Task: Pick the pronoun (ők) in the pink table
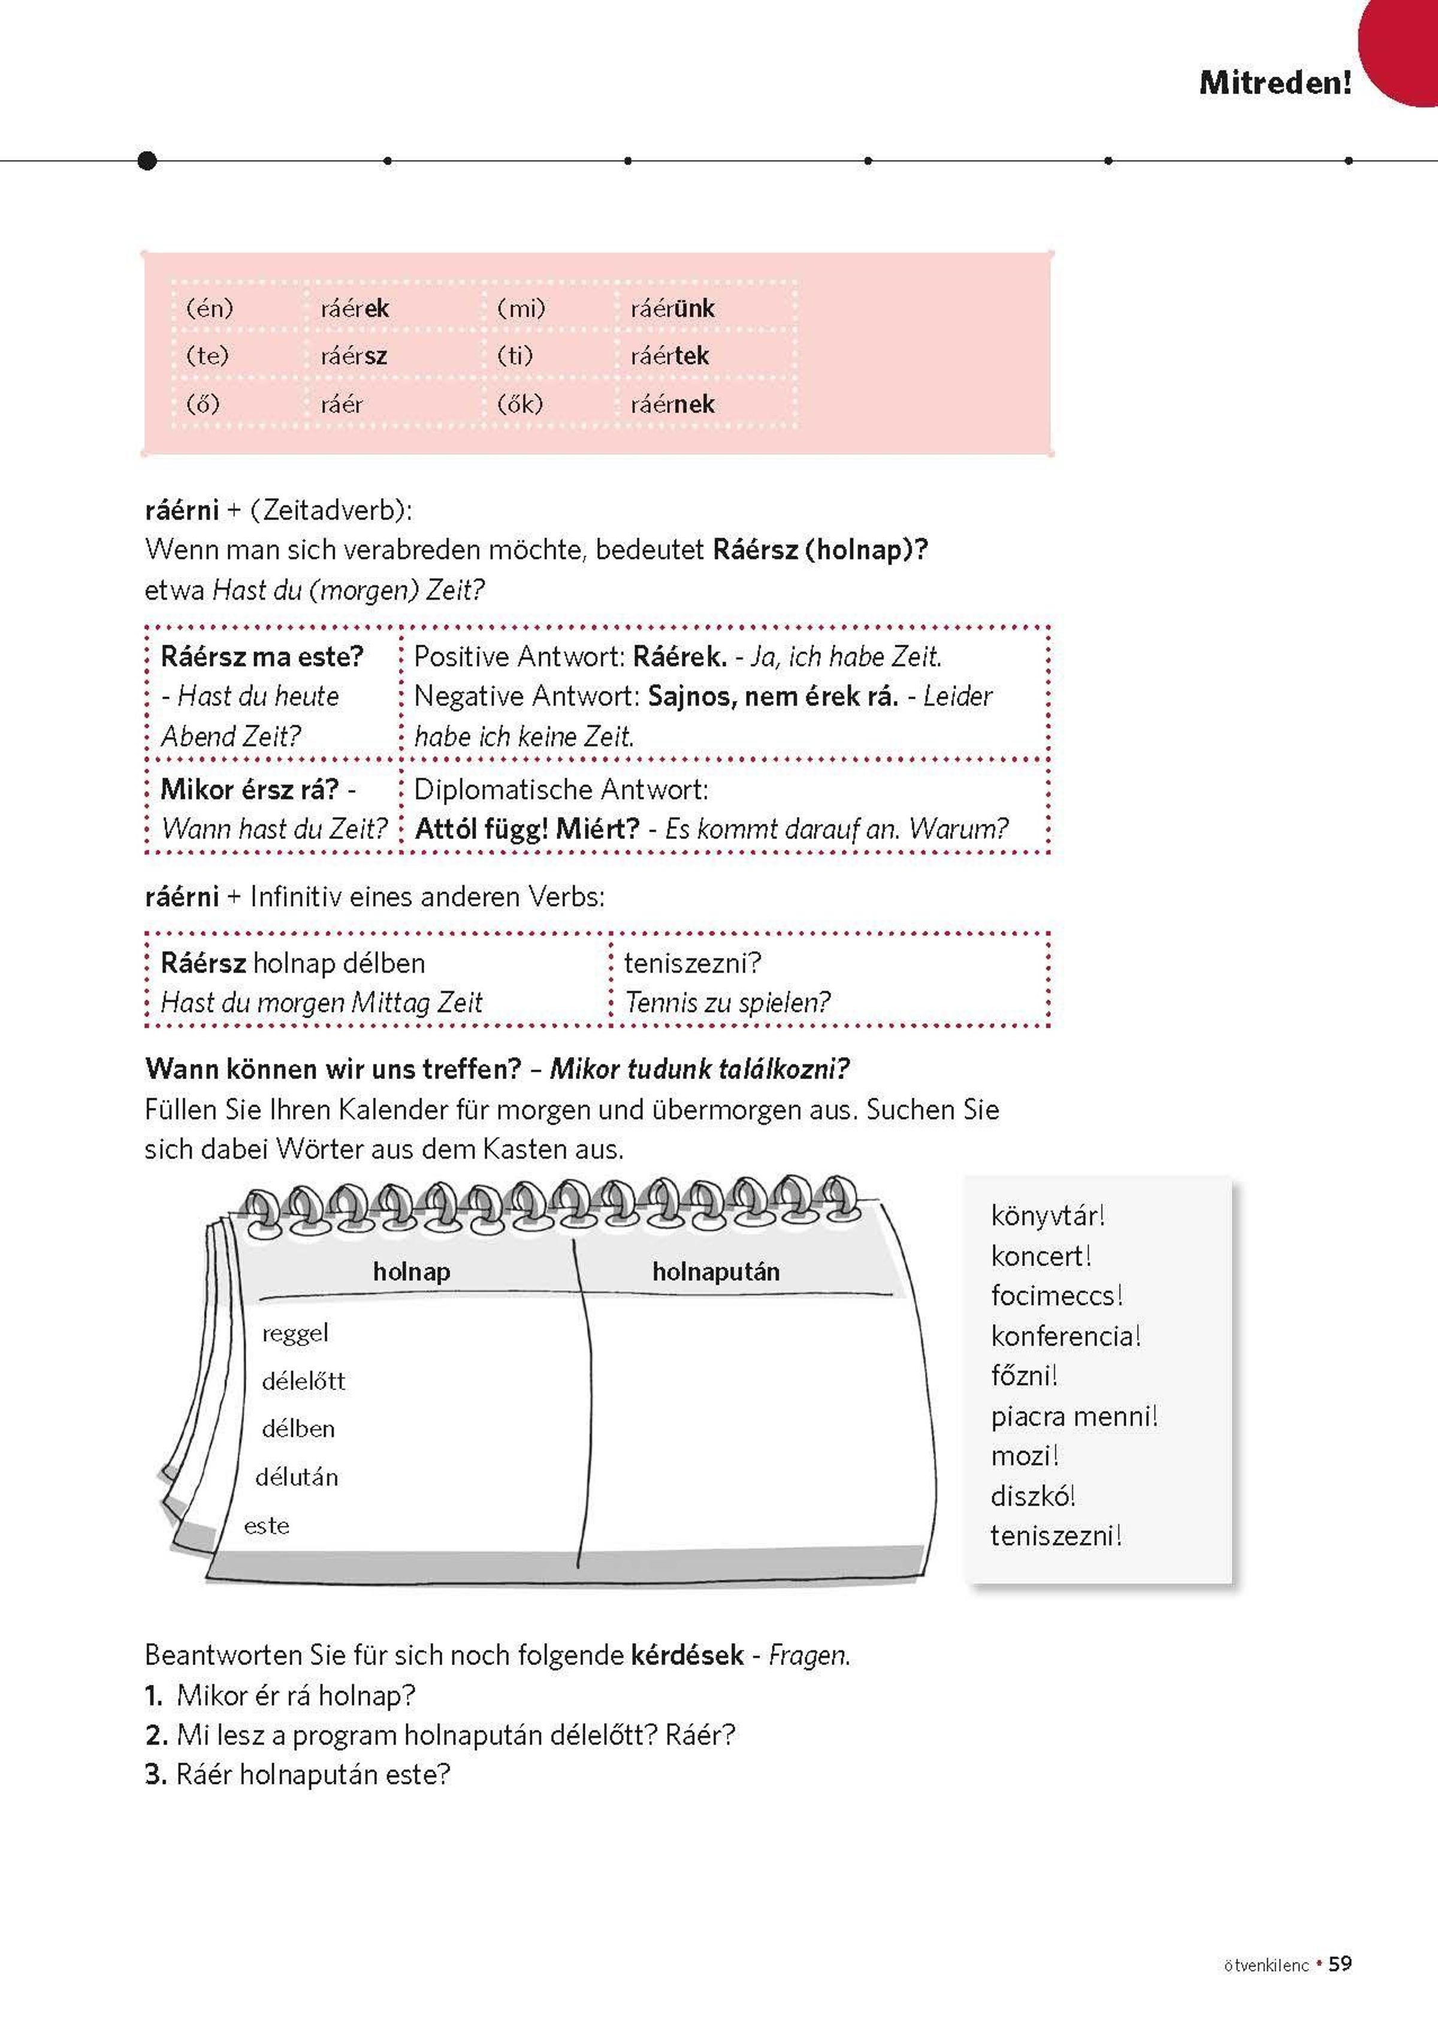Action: tap(519, 404)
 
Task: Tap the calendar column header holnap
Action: tap(411, 1271)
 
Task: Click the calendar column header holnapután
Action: tap(715, 1271)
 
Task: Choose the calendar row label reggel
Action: tap(295, 1333)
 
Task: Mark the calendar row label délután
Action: tap(297, 1476)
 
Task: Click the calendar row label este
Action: tap(267, 1525)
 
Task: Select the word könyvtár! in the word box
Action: tap(1047, 1216)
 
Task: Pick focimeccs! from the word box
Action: tap(1056, 1295)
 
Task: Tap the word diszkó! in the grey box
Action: tap(1032, 1496)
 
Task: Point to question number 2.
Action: tap(155, 1735)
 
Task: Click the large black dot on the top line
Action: tap(148, 160)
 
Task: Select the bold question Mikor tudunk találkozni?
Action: tap(699, 1069)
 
